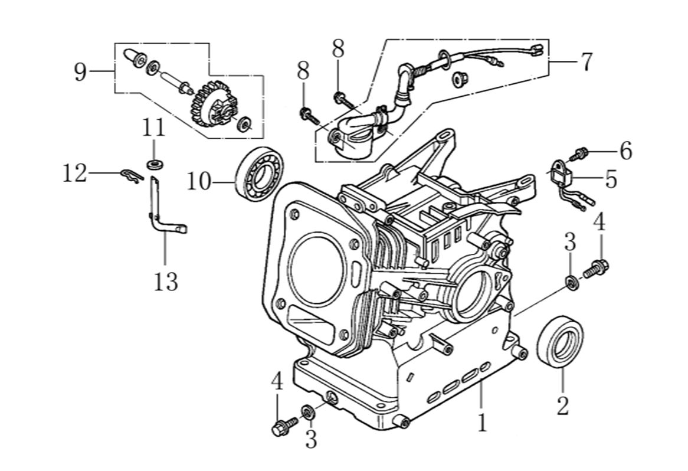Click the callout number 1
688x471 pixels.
pos(483,423)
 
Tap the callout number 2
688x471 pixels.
pos(562,405)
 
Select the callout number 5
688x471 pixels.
pos(610,179)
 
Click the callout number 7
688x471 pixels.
pos(585,62)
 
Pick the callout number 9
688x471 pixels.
pos(80,72)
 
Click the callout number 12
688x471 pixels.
pos(75,174)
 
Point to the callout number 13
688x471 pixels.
pos(166,282)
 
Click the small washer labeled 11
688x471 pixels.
pos(154,162)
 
